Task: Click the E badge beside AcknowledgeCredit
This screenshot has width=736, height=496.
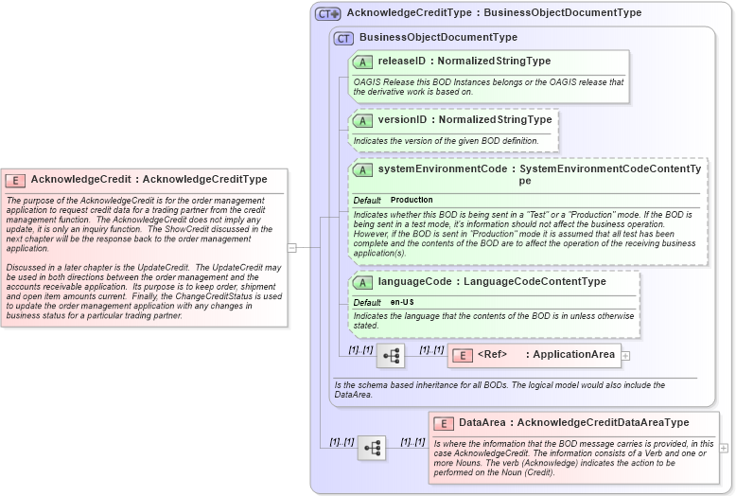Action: pos(15,180)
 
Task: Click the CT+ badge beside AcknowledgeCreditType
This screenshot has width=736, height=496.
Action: pos(328,13)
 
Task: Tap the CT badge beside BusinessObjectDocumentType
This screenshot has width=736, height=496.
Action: pos(344,38)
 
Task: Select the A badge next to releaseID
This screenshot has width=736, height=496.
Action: pos(362,62)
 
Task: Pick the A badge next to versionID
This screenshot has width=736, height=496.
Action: pos(362,120)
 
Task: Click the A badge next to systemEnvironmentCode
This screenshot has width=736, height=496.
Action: pos(362,170)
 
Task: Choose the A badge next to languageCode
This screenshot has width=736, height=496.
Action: pos(362,282)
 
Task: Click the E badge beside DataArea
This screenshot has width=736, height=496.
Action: pos(443,423)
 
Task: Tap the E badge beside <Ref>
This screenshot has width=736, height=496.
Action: pos(463,356)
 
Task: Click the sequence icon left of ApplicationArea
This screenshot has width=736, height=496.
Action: pos(391,356)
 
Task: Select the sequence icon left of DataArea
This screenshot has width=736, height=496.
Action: pos(372,448)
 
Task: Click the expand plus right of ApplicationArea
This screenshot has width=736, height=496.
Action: pos(625,356)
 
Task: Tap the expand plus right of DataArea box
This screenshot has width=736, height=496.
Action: pos(724,448)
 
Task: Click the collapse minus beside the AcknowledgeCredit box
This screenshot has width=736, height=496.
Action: pos(292,248)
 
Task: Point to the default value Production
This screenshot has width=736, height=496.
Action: pos(412,201)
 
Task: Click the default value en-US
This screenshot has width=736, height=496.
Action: pos(402,302)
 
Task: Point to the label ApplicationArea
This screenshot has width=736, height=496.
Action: pos(574,356)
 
